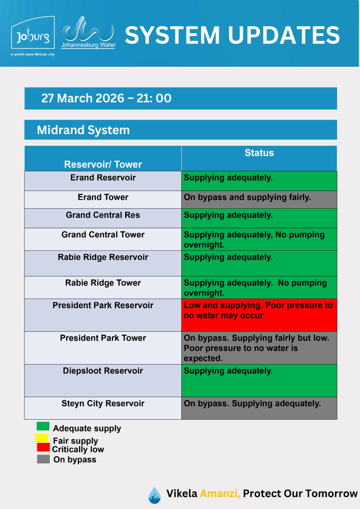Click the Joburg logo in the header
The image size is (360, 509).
pos(33,36)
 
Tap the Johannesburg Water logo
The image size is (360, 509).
pos(88,32)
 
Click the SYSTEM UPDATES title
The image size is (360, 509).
pos(232,35)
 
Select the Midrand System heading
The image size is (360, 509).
pos(83,130)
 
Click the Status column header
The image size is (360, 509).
pos(259,153)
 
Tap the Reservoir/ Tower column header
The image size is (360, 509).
pos(103,164)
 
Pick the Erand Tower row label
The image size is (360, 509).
pos(103,197)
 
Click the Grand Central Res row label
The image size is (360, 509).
pos(103,215)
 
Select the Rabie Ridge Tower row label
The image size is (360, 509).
pos(103,283)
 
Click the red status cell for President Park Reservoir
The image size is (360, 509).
pos(259,315)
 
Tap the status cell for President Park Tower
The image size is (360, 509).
pos(259,348)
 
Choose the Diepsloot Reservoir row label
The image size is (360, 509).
pos(103,371)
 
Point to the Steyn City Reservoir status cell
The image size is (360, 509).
pos(259,408)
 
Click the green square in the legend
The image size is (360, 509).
pos(43,426)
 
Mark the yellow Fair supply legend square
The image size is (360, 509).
pos(41,438)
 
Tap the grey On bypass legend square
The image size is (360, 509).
pos(43,459)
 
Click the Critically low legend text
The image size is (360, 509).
pos(78,449)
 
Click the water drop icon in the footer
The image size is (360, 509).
pos(155,495)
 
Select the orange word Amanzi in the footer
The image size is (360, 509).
pos(220,493)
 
